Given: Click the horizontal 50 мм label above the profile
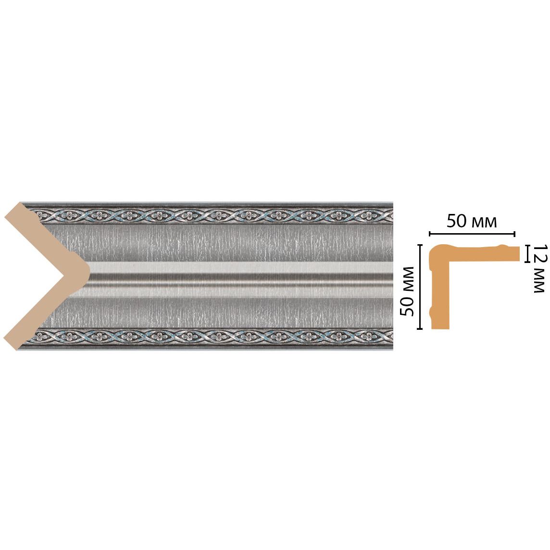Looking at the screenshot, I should pyautogui.click(x=471, y=222).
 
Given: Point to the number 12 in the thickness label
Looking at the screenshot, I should pyautogui.click(x=538, y=254).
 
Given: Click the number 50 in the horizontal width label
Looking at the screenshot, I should pyautogui.click(x=457, y=222).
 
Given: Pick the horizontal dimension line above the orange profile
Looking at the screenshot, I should pyautogui.click(x=471, y=234).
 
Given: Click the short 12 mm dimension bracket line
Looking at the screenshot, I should pyautogui.click(x=527, y=253).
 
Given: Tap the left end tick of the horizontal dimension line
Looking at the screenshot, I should pyautogui.click(x=429, y=234).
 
